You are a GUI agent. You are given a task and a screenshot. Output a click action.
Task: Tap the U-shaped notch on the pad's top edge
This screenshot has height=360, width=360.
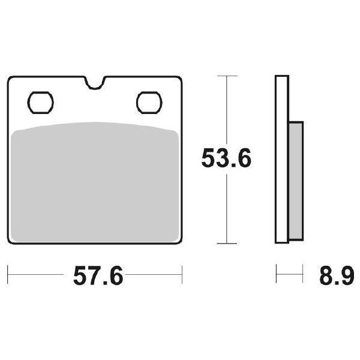95,83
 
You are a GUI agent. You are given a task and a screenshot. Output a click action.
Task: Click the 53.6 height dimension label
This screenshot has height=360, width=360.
226,159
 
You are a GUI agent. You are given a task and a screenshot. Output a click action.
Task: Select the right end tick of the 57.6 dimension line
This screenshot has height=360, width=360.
182,277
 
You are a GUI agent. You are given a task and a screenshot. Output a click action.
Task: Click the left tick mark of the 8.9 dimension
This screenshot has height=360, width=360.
276,277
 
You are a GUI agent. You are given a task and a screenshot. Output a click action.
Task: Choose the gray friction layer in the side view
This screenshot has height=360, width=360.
296,180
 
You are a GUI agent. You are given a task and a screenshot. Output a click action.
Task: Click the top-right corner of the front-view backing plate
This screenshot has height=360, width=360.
179,79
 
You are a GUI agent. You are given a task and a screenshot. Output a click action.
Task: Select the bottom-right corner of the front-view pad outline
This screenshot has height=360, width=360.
179,241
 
